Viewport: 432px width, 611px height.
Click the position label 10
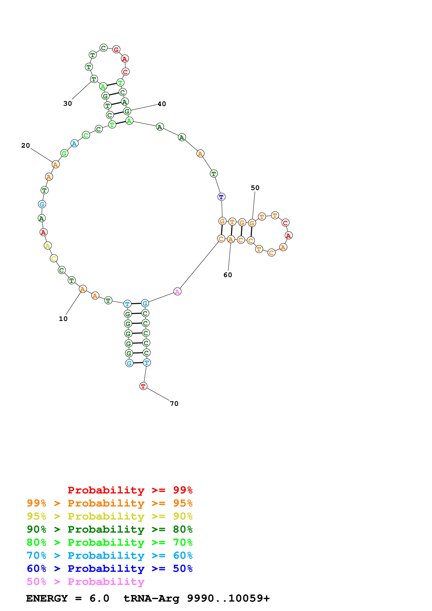click(x=63, y=319)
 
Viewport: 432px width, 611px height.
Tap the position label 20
click(x=26, y=146)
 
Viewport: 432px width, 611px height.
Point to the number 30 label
click(x=68, y=103)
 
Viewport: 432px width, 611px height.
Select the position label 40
click(x=162, y=104)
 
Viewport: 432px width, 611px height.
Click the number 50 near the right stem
click(x=255, y=188)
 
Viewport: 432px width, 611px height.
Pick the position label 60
click(x=228, y=275)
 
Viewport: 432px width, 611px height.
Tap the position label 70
click(x=174, y=404)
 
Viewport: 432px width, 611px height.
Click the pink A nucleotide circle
click(x=177, y=292)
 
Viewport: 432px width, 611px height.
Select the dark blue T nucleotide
click(x=221, y=197)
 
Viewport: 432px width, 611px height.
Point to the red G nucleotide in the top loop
click(x=116, y=49)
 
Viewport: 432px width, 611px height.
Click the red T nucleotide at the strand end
click(x=143, y=386)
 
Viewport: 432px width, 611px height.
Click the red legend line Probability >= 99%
click(x=130, y=490)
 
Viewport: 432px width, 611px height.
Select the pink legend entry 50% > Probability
click(x=85, y=582)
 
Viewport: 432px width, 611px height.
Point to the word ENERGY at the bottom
click(x=47, y=598)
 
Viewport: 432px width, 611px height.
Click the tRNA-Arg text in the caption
click(x=151, y=598)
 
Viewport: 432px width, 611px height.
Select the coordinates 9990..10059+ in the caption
click(x=228, y=598)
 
